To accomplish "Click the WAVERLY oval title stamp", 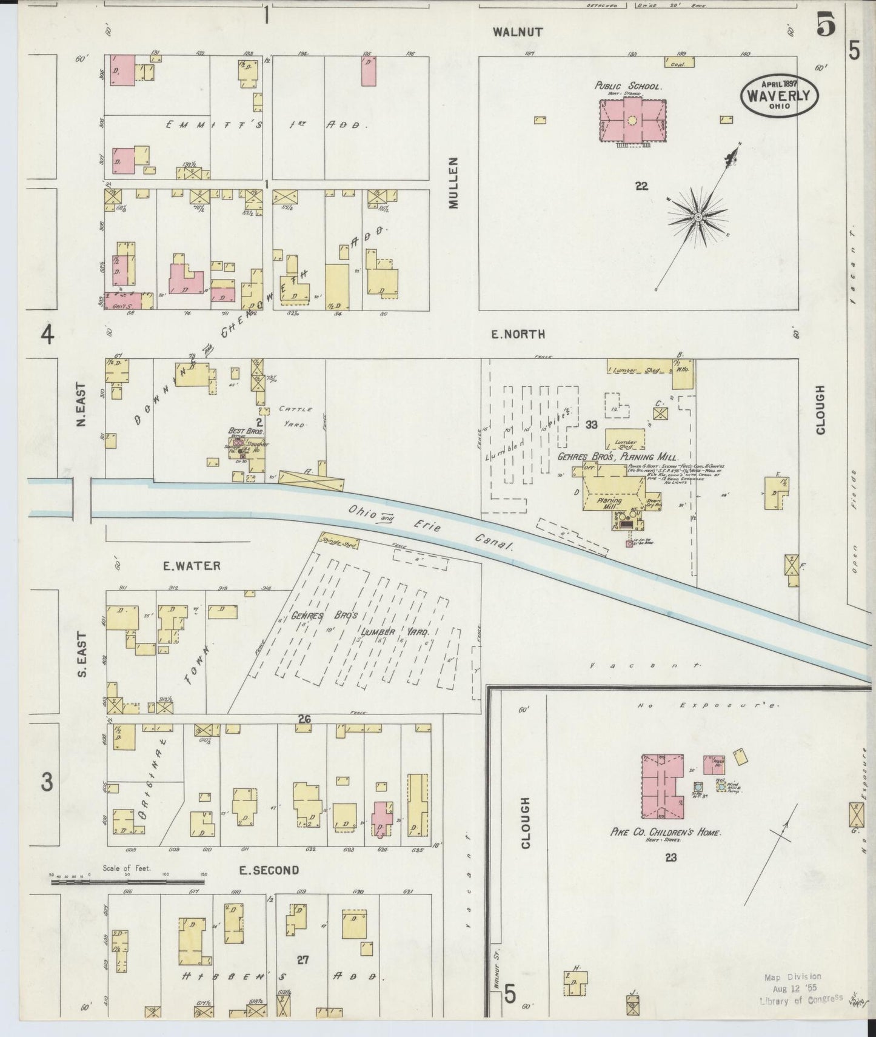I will (779, 95).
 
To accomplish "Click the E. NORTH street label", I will (518, 334).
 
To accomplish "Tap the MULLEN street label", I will (454, 183).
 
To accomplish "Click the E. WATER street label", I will (191, 566).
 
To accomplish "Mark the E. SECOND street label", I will (268, 871).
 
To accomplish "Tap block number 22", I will (641, 186).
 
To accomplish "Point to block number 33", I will (592, 425).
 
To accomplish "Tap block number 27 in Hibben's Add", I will (303, 959).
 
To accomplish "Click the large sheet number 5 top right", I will (825, 25).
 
